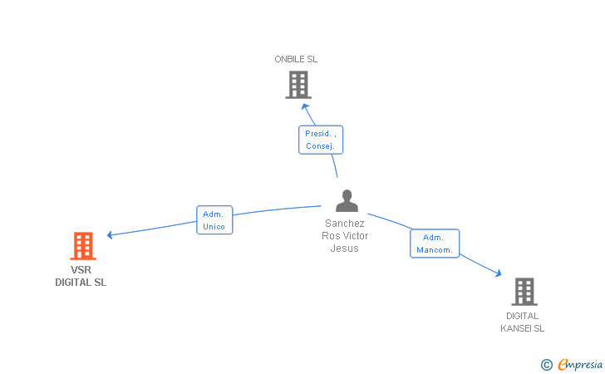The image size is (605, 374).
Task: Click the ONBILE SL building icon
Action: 298,85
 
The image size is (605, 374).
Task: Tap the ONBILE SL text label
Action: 296,59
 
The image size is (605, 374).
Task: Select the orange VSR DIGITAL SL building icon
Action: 82,246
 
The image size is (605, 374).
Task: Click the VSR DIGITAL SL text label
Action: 81,276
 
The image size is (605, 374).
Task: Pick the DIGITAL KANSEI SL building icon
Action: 524,292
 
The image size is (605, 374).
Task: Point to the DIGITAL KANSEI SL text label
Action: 522,322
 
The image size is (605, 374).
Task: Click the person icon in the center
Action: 347,201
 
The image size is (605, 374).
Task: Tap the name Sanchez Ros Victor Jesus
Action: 345,235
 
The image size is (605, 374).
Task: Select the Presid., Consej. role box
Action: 321,140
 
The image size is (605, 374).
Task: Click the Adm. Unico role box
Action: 214,220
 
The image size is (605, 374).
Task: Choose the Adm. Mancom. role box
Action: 435,244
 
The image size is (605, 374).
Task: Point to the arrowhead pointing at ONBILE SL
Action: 305,106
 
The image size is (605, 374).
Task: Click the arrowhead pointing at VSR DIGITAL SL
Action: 110,235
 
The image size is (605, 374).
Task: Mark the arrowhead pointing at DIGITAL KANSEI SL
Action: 499,273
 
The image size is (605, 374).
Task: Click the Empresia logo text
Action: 580,364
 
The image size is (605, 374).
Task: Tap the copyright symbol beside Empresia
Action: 546,364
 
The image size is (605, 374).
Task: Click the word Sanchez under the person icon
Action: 345,223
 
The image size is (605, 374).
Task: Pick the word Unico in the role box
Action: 214,227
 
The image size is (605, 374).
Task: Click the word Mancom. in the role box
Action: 435,250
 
